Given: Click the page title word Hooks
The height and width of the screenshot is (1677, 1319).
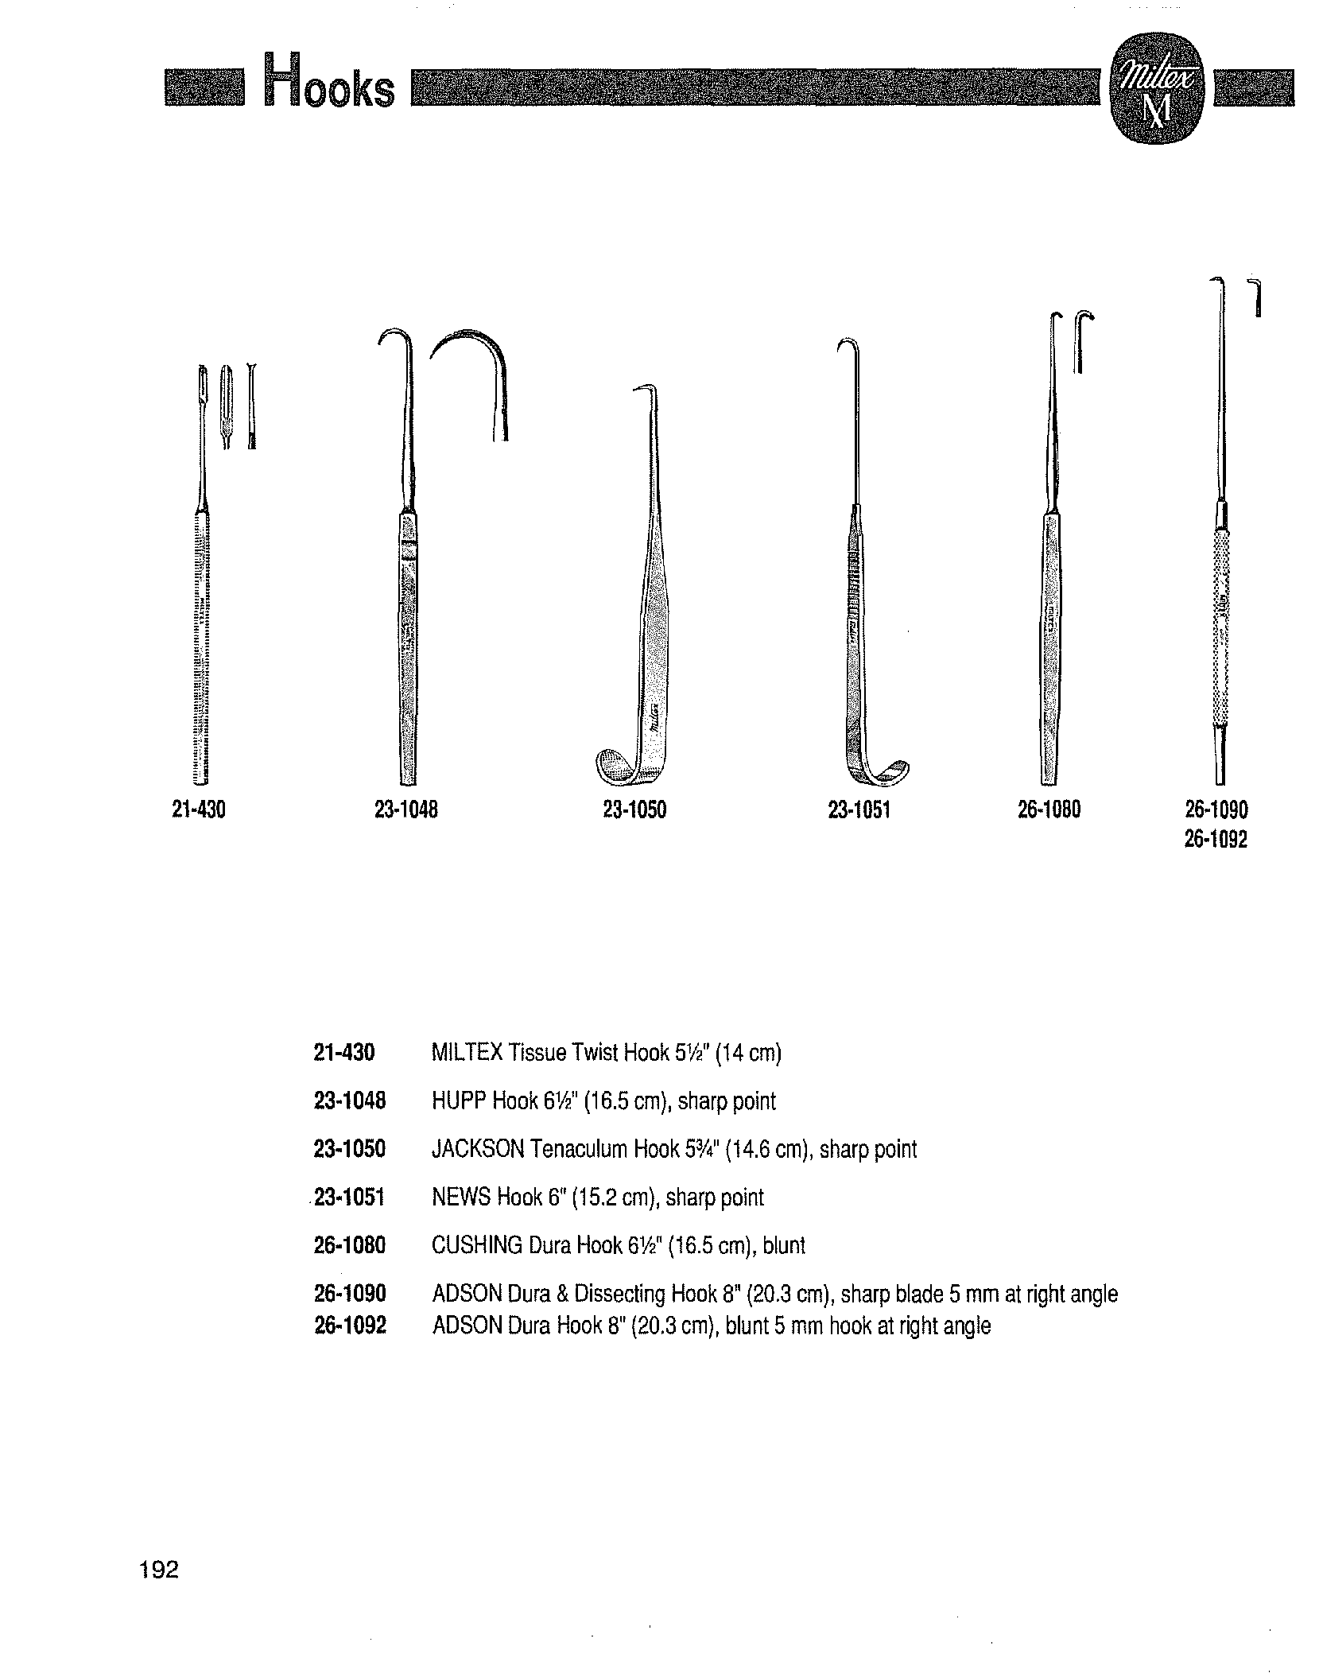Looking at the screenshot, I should point(329,83).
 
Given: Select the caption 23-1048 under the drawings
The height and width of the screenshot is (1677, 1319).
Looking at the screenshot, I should point(406,810).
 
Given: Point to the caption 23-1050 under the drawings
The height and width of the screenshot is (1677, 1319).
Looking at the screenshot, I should point(634,810).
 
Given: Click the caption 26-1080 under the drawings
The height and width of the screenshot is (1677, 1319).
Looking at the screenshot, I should point(1049,810).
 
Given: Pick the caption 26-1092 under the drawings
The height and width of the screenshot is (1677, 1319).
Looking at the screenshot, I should point(1216,840).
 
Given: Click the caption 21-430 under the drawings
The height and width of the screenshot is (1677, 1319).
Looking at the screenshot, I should point(199,810).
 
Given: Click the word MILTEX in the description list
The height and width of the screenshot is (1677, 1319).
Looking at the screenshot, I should point(467,1054).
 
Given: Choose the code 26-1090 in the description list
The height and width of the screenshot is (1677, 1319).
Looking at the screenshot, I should point(350,1294).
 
